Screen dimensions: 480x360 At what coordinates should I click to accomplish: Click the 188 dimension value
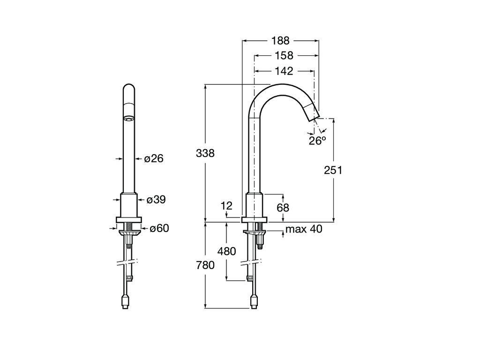click(x=280, y=40)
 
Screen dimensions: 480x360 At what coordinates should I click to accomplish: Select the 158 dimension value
click(x=284, y=55)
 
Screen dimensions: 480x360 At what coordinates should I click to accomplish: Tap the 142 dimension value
click(x=284, y=71)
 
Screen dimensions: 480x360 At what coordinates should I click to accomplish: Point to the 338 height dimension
click(x=205, y=153)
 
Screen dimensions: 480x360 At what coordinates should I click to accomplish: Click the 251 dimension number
click(x=333, y=170)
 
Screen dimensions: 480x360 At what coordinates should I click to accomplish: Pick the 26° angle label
click(x=317, y=141)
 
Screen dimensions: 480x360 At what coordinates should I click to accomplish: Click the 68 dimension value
click(x=283, y=208)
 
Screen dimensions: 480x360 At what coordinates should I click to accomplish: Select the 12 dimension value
click(x=227, y=205)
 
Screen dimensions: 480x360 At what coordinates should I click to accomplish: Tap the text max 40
click(x=304, y=229)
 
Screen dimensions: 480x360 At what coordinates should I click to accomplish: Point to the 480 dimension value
click(x=226, y=251)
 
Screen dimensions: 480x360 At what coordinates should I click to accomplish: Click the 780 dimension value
click(x=205, y=265)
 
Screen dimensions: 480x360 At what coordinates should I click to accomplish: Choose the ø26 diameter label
click(x=154, y=158)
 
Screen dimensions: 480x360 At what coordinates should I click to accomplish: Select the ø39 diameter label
click(x=156, y=200)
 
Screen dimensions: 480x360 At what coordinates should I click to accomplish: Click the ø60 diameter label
click(x=159, y=228)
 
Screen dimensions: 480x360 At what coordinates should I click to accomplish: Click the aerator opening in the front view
click(x=129, y=118)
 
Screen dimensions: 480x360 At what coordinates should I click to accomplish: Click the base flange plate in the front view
click(x=129, y=219)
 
